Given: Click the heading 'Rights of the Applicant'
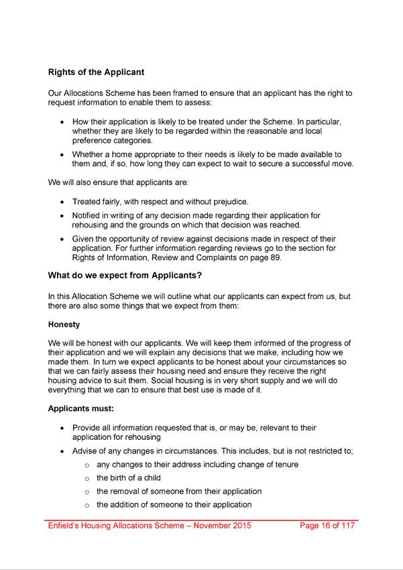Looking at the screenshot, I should tap(96, 72).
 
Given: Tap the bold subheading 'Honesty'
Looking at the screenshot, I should tap(64, 324).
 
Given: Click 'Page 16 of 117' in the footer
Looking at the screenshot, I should tap(327, 526).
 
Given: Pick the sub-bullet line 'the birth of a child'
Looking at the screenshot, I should tap(135, 478).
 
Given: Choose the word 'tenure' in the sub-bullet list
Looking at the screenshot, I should tap(285, 465).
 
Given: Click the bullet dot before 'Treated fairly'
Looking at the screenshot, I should tap(62, 202).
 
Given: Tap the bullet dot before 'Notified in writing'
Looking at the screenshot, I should tap(62, 217).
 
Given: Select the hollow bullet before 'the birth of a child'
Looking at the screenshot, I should tap(87, 479).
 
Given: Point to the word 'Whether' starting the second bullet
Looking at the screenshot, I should tap(89, 154).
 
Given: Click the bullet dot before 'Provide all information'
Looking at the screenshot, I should tap(62, 429).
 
